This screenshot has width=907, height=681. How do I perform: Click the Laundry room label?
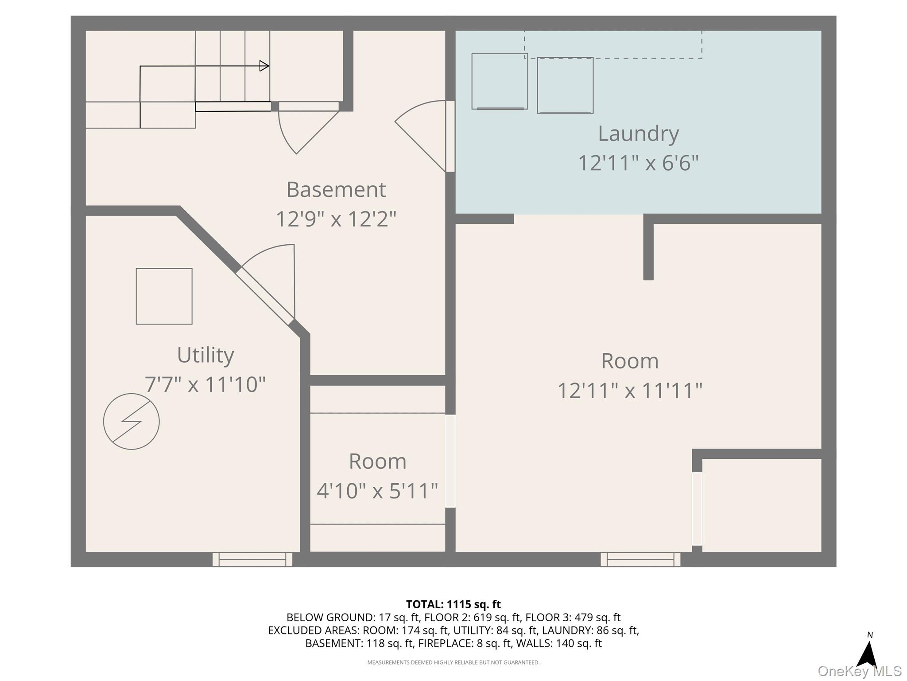coord(638,134)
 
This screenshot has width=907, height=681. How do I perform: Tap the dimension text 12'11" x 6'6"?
coord(638,163)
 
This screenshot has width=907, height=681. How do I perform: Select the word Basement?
coord(336,190)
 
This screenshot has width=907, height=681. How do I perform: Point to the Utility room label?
coord(205,355)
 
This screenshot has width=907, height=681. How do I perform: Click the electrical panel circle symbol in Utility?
coord(132,422)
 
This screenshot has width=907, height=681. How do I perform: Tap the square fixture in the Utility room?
coord(164,296)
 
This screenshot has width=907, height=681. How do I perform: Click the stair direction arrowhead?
coord(264,66)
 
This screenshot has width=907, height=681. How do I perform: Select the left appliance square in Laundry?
coord(500,81)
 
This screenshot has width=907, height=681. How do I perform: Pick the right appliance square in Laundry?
coord(565,86)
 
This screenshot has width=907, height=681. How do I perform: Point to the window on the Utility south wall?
coord(252,559)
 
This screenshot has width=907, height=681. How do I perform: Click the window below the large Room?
coord(640,559)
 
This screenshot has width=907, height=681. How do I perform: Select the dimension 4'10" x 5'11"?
coord(377,491)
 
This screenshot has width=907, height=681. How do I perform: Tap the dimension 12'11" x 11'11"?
coord(630,391)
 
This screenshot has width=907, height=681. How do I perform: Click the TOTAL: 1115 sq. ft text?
coord(453,604)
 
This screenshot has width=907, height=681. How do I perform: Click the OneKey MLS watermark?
coord(860,671)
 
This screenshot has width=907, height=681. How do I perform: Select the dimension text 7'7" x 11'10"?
coord(205,384)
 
